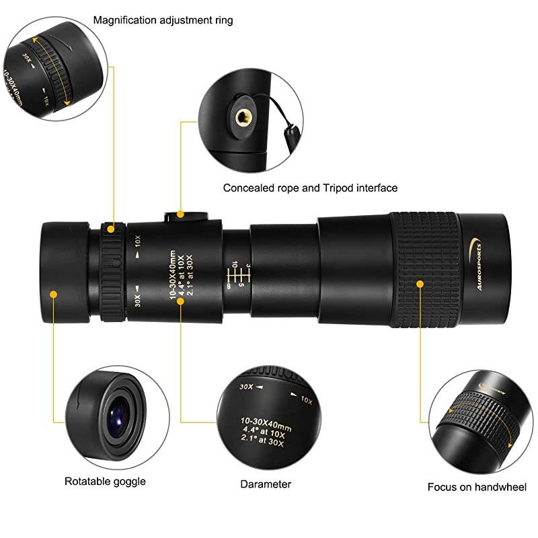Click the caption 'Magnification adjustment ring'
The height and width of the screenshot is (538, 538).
(163, 20)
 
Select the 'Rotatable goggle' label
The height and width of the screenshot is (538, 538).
(105, 481)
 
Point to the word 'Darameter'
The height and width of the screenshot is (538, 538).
(266, 484)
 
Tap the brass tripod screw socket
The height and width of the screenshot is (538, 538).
(241, 118)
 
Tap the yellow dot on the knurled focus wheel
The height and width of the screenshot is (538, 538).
(420, 284)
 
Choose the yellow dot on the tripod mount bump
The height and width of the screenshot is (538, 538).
(180, 215)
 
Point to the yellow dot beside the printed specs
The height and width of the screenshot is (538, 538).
(180, 301)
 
